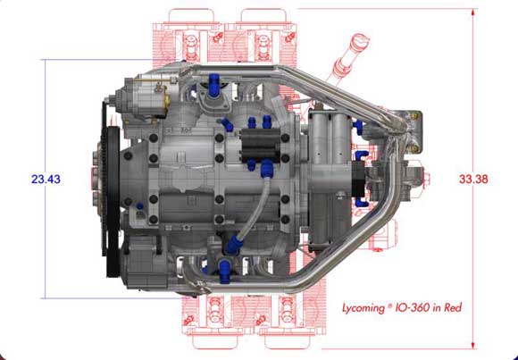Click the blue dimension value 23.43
46,180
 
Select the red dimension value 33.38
473,180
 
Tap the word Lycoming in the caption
363,308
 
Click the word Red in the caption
453,308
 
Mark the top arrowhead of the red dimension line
473,13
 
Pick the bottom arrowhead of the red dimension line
473,345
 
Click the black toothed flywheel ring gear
111,202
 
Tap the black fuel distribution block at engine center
261,145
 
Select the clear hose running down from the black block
254,207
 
